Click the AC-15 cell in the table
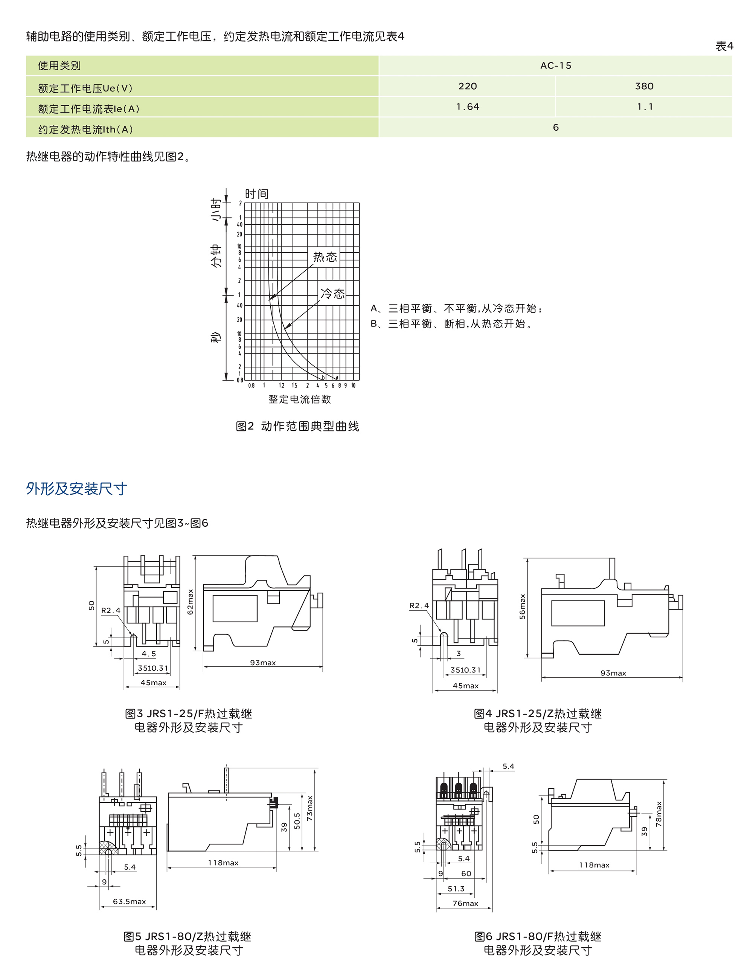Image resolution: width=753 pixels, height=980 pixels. click(555, 66)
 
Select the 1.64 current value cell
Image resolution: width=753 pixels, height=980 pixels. click(468, 107)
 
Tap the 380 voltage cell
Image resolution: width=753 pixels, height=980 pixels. click(644, 86)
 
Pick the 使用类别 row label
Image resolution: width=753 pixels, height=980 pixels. click(59, 66)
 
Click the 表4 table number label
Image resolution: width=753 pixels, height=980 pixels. click(724, 46)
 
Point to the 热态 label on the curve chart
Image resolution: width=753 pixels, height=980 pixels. click(325, 257)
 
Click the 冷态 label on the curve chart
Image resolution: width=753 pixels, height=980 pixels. click(332, 294)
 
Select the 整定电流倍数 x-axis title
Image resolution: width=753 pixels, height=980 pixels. click(299, 399)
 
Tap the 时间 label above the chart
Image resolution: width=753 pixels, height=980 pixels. click(256, 194)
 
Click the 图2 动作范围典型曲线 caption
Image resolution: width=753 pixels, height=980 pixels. click(297, 426)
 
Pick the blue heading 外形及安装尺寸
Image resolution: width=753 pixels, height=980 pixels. click(76, 488)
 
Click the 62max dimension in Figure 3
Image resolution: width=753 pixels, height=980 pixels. click(190, 602)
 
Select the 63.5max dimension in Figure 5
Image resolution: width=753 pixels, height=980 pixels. click(129, 901)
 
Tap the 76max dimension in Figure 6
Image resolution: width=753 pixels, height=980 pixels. click(465, 903)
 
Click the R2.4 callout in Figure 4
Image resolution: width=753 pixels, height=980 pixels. click(419, 605)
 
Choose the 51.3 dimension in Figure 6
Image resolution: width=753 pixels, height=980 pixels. click(456, 888)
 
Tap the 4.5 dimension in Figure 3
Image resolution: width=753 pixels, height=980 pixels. click(149, 653)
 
